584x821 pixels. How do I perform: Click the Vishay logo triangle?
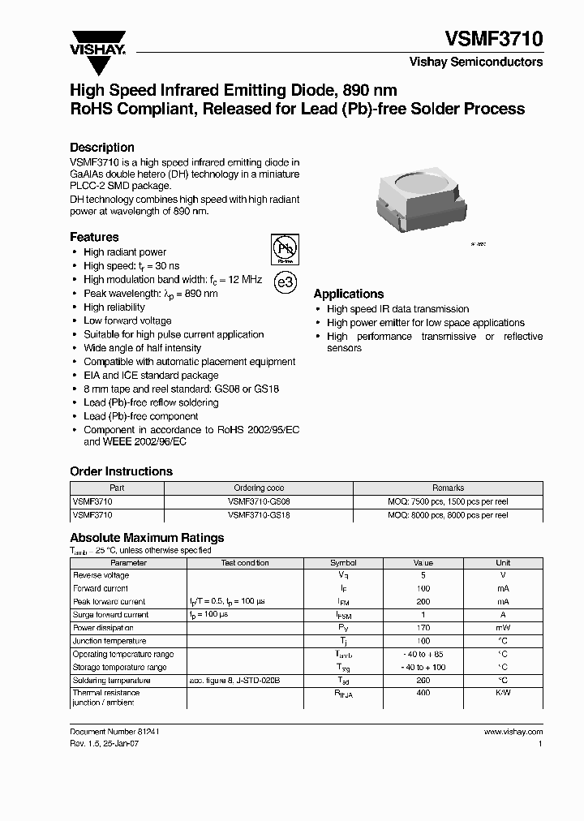(97, 38)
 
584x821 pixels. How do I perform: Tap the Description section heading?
(102, 148)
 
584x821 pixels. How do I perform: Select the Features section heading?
(94, 237)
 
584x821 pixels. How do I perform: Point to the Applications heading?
(349, 294)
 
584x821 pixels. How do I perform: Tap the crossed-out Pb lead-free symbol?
(285, 249)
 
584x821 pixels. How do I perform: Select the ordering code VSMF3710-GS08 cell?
(259, 501)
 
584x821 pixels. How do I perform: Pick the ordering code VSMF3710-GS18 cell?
(259, 514)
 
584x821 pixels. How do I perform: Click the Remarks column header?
(448, 488)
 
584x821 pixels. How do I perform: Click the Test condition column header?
(245, 562)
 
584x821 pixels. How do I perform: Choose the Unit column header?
(503, 562)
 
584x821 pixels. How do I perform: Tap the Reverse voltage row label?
(101, 575)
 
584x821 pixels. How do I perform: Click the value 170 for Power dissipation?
(423, 628)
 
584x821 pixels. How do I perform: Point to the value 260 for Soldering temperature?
(423, 681)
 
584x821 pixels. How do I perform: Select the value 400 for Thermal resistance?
(423, 693)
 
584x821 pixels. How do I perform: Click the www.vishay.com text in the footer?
(513, 731)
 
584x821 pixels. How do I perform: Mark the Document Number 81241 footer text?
(114, 731)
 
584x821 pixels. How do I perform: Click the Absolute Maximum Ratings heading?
(147, 537)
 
